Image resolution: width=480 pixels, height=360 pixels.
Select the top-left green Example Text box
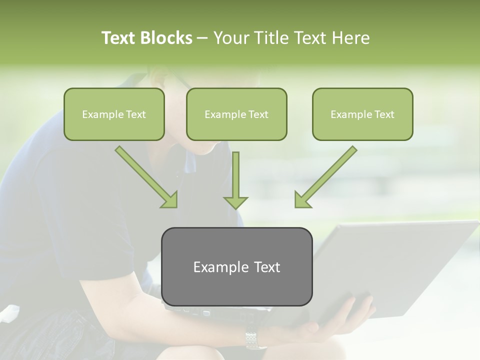pos(114,114)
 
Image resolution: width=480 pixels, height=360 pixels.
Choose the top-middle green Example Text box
pos(236,114)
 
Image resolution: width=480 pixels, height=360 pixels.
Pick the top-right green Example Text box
pos(362,114)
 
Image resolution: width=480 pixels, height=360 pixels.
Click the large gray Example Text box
pos(236,266)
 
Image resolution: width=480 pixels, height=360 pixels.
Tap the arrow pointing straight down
pos(235,180)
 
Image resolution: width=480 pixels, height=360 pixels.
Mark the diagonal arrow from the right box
pos(325,176)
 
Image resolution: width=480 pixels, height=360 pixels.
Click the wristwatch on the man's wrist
pos(255,340)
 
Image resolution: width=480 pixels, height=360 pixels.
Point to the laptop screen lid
pos(395,265)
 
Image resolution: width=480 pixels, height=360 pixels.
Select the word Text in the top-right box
pos(384,114)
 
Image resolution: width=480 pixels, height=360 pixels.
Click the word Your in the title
pos(230,38)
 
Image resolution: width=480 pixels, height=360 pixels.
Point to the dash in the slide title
pos(202,38)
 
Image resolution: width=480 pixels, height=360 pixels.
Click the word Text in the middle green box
pos(258,114)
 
